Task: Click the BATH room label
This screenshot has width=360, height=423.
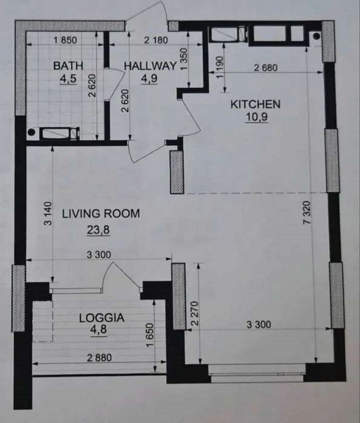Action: pyautogui.click(x=68, y=66)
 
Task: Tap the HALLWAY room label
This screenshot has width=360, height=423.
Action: pyautogui.click(x=150, y=66)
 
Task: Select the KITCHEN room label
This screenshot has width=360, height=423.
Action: pyautogui.click(x=255, y=104)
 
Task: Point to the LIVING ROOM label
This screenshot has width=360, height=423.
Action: pyautogui.click(x=101, y=213)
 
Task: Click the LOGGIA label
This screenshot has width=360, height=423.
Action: pyautogui.click(x=102, y=318)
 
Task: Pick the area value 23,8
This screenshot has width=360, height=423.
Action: pyautogui.click(x=99, y=230)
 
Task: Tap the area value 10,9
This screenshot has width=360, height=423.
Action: pyautogui.click(x=256, y=117)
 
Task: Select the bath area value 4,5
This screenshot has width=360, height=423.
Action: pyautogui.click(x=68, y=79)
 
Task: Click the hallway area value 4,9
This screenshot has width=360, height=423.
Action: pyautogui.click(x=149, y=78)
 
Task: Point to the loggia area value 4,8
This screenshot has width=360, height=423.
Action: pyautogui.click(x=99, y=330)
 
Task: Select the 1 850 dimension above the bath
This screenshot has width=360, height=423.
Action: pyautogui.click(x=65, y=40)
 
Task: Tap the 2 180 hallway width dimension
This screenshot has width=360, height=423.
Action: pyautogui.click(x=156, y=40)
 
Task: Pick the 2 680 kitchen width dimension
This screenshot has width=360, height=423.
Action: pyautogui.click(x=265, y=68)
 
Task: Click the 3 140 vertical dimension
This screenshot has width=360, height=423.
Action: pyautogui.click(x=47, y=213)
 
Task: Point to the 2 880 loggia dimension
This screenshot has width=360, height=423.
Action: pyautogui.click(x=99, y=358)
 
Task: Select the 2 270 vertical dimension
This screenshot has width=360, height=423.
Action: pyautogui.click(x=195, y=313)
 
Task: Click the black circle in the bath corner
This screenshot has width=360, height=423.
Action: pyautogui.click(x=32, y=132)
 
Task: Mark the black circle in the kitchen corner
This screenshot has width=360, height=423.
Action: pyautogui.click(x=316, y=36)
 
